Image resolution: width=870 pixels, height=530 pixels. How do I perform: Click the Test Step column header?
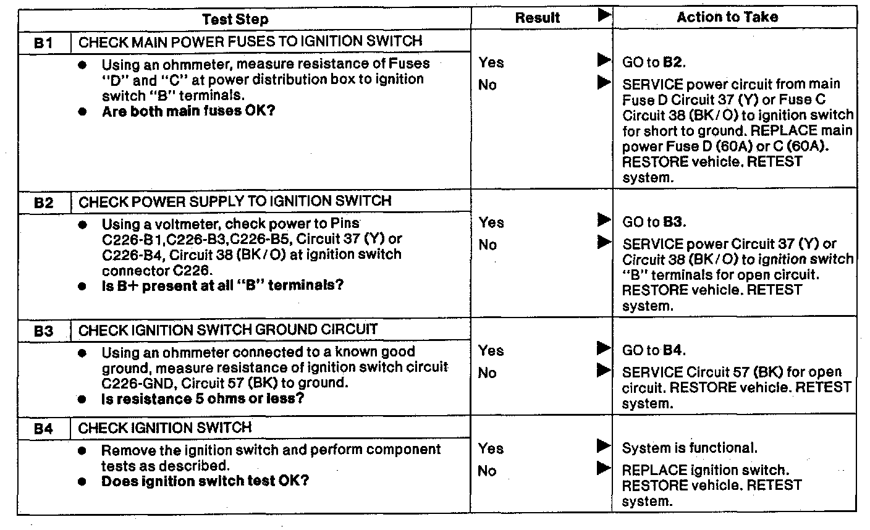coord(235,19)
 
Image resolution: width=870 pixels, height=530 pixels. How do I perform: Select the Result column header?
coord(537,19)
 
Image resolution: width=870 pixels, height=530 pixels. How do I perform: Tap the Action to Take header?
coord(727,18)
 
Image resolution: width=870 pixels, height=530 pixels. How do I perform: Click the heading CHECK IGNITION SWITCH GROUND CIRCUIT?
coord(228,330)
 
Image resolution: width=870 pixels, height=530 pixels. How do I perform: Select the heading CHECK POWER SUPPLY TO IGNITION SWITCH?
coord(235,201)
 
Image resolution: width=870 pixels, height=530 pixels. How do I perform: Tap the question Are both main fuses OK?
coord(188,112)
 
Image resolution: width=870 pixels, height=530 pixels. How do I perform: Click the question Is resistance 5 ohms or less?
coord(203,398)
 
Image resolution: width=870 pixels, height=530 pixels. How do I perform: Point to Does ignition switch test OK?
coord(205,481)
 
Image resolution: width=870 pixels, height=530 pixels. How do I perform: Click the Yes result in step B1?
coord(491,62)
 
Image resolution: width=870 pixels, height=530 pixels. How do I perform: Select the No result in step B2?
coord(488,245)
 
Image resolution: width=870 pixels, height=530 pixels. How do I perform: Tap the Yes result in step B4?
coord(491,449)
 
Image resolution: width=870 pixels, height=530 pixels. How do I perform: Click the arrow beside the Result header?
coord(604,15)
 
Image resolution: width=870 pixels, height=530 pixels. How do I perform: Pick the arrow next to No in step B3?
coord(603,371)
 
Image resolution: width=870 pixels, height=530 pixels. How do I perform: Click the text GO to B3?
coord(654,222)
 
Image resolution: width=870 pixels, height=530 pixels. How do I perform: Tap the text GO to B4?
coord(654,350)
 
